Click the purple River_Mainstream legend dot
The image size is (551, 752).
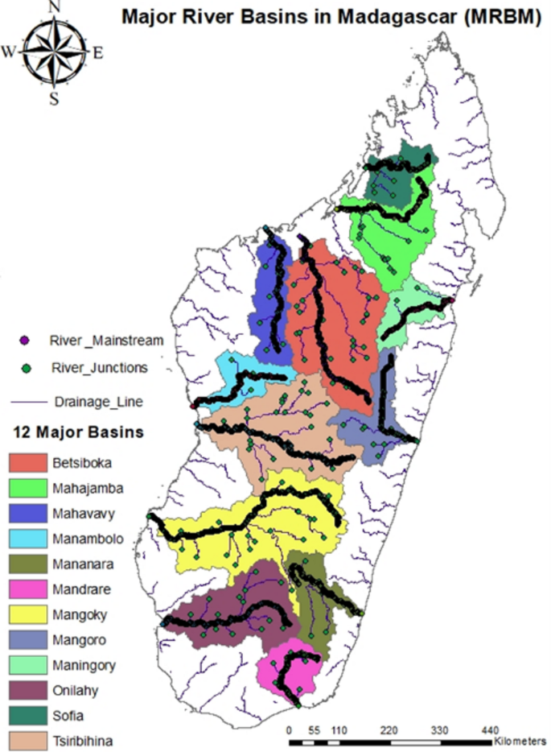(26, 341)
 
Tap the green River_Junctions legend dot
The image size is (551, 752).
(26, 368)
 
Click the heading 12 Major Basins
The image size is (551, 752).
(78, 432)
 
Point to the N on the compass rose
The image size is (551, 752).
(55, 7)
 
